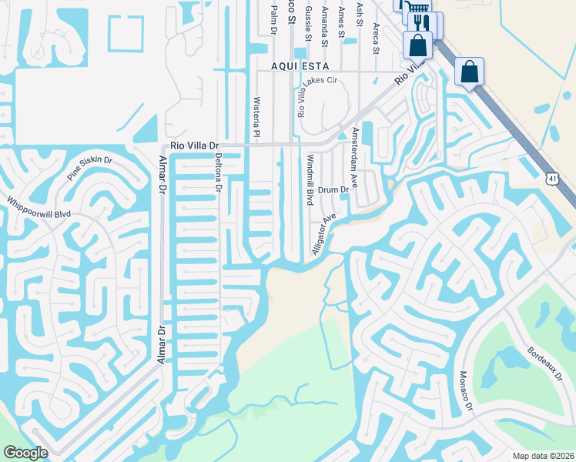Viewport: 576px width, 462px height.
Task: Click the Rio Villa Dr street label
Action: (x=195, y=146)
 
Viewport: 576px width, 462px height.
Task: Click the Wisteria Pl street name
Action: (x=257, y=116)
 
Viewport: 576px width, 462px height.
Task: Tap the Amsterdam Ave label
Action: (x=355, y=158)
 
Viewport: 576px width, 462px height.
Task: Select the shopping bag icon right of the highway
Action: (x=469, y=73)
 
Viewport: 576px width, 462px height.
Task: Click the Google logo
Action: (x=25, y=453)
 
